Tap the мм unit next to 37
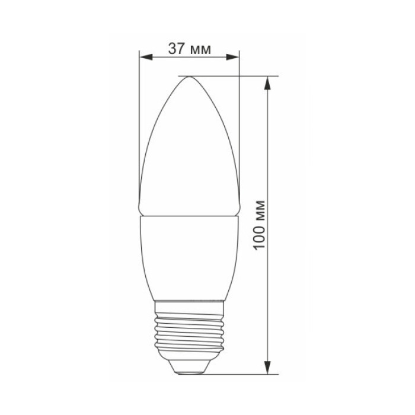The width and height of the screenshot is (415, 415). point(200,49)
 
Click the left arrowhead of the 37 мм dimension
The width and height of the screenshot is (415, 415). point(144,58)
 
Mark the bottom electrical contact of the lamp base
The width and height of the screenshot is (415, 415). point(189,372)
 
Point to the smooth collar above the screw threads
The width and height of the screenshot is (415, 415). point(189,306)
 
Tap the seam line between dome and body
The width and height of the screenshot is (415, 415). point(189,216)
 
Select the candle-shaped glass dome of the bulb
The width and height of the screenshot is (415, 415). point(189,148)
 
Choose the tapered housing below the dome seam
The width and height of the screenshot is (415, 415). point(189,255)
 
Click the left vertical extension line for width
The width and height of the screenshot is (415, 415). point(138,130)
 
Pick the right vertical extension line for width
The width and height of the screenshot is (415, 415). point(239,130)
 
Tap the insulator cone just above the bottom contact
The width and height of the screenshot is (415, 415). point(189,363)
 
